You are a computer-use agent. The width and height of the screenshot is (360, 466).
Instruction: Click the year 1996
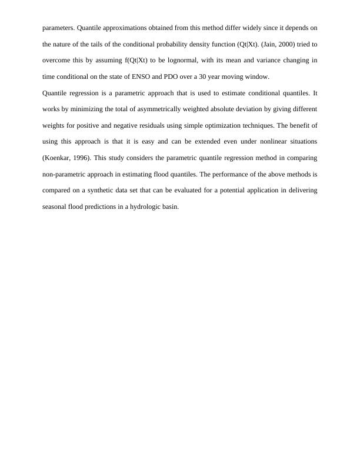coord(82,158)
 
